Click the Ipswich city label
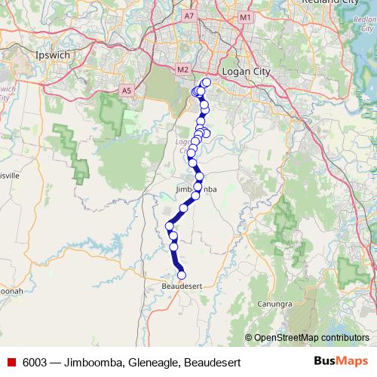coord(53,55)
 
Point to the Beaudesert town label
coord(182,287)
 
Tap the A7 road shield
coord(190,15)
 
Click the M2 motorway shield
coord(182,70)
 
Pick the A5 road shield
coord(126,90)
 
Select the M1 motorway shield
coord(244,15)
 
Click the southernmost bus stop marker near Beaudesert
coord(181,275)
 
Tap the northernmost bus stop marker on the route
coord(206,81)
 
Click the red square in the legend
coord(10,363)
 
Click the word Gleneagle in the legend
coord(154,363)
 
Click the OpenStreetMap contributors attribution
coord(311,337)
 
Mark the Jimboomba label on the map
coord(195,189)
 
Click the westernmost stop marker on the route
coord(170,225)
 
